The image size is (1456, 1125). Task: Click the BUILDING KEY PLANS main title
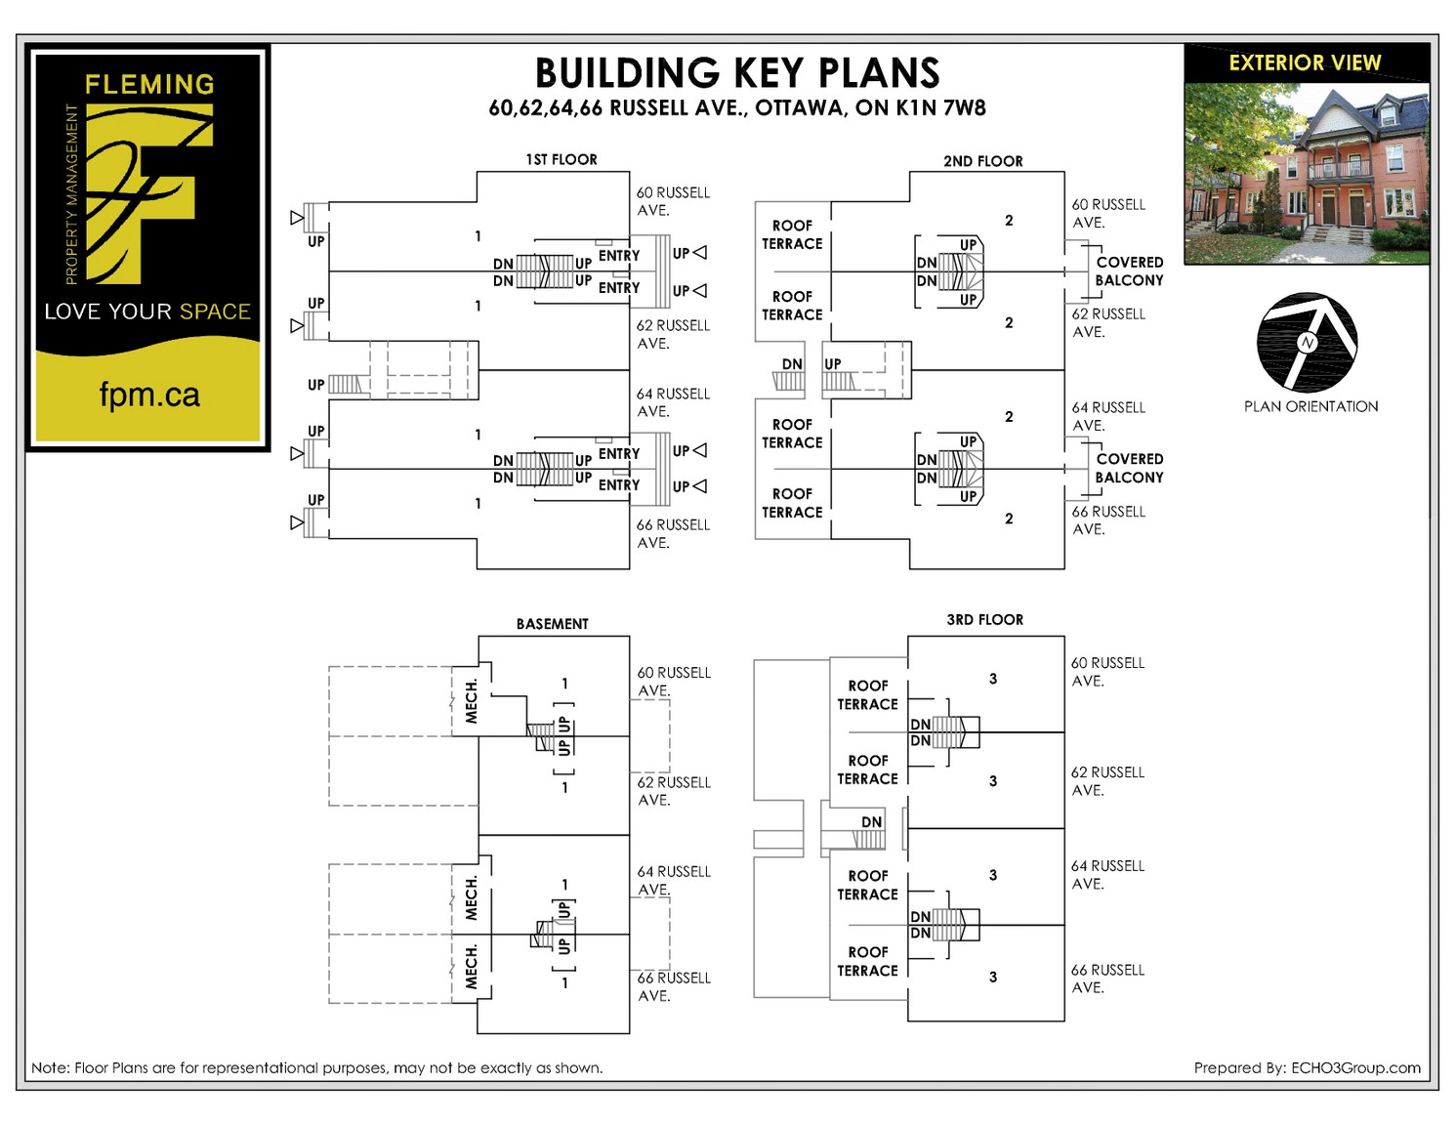point(737,72)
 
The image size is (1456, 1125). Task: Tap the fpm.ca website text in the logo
point(149,394)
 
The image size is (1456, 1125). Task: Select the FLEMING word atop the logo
point(149,84)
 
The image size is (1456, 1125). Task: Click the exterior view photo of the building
point(1307,174)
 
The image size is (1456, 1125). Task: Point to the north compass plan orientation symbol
point(1307,343)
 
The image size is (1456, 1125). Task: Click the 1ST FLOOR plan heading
point(562,159)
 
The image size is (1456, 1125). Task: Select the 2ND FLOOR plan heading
point(983,161)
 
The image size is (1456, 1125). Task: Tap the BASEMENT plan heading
point(552,624)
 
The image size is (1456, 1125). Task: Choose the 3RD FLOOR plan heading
point(984,620)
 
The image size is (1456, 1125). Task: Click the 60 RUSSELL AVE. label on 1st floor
point(673,201)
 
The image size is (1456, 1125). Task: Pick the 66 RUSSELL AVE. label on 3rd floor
point(1107,979)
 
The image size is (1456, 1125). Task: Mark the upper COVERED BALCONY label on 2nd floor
point(1129,271)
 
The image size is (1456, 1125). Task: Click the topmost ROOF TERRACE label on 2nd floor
point(792,234)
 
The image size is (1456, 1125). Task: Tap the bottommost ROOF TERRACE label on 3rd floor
point(867,962)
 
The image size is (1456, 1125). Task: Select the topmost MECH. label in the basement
point(472,701)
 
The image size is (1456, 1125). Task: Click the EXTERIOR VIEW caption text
point(1306,62)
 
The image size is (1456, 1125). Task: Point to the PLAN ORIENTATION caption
point(1310,406)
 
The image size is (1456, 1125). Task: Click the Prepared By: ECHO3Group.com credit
point(1307,1067)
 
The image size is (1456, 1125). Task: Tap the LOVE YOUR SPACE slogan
point(147,312)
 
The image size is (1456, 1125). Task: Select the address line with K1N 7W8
point(737,107)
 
